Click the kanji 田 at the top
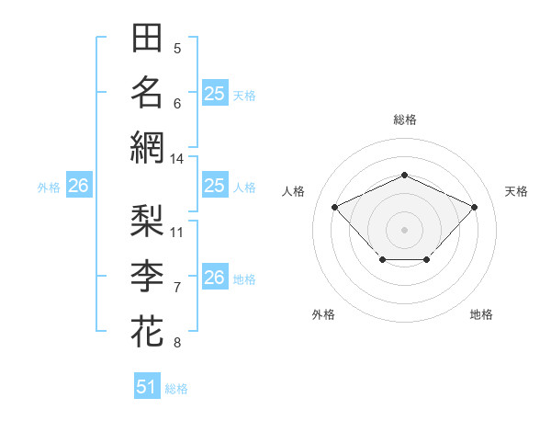point(147,40)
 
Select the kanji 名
point(147,93)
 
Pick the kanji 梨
point(147,221)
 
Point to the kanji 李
point(147,276)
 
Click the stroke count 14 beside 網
point(176,159)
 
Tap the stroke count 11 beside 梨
point(177,232)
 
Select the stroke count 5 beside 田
point(177,49)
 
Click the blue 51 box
point(147,387)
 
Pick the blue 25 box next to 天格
point(214,93)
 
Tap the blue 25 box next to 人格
point(214,186)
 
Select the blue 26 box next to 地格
point(214,278)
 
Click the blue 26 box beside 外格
point(78,186)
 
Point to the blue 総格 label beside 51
point(176,389)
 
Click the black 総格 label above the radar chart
point(404,119)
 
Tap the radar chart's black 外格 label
point(323,314)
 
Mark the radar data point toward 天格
point(474,207)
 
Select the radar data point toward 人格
point(335,207)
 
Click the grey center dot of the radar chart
point(404,229)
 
